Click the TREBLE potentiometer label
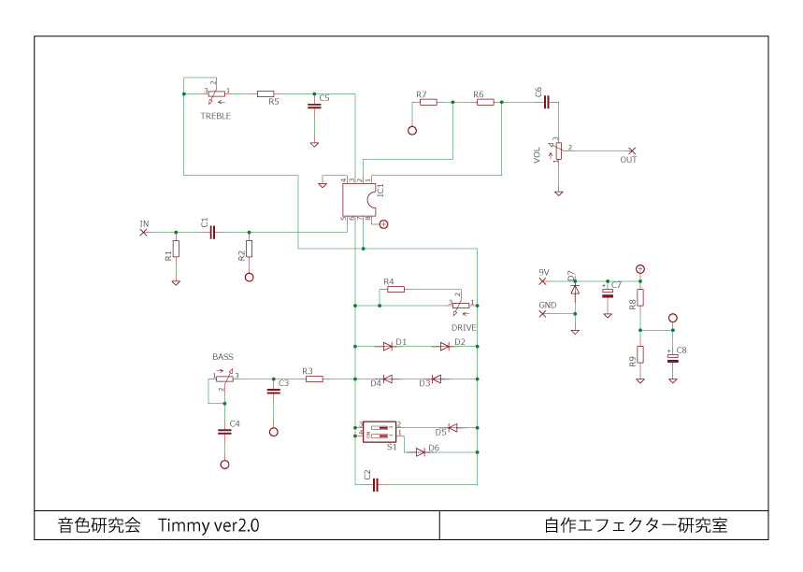click(x=215, y=116)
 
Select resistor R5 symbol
click(x=265, y=93)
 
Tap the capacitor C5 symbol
click(x=314, y=107)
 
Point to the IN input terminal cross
click(x=143, y=232)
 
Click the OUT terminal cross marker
click(x=632, y=150)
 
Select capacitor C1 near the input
click(x=213, y=232)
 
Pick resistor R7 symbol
click(x=428, y=103)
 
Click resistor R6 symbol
click(x=484, y=103)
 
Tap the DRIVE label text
click(x=464, y=328)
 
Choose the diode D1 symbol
click(x=387, y=346)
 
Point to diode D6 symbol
click(x=421, y=451)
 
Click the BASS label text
click(x=222, y=357)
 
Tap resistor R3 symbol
click(x=313, y=379)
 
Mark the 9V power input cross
click(x=542, y=279)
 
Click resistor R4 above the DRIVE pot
click(x=395, y=290)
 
